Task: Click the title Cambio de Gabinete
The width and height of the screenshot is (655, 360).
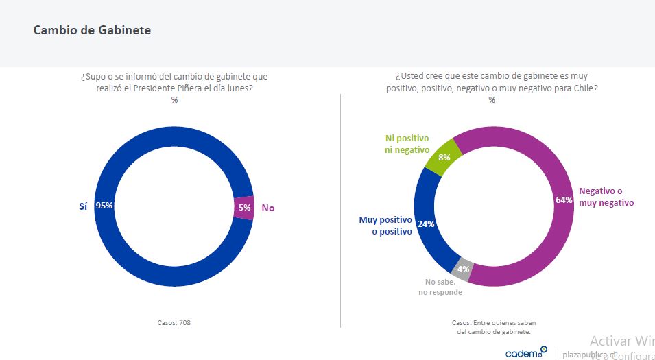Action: point(92,30)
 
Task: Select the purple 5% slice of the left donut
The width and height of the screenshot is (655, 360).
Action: point(243,207)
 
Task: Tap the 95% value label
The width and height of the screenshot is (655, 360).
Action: point(104,205)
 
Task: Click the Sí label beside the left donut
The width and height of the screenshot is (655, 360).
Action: point(83,205)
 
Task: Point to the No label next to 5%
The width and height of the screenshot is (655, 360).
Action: point(268,207)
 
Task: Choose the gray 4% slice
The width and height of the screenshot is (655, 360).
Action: point(463,269)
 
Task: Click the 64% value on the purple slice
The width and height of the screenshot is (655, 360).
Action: point(563,200)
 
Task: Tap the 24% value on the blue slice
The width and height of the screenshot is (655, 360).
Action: point(425,224)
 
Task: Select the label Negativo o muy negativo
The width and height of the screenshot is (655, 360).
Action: point(606,197)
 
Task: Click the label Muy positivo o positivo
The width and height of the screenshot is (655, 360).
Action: point(385,226)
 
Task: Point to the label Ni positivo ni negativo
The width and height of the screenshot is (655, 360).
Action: point(407,144)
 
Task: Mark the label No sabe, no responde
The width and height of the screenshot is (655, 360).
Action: point(440,287)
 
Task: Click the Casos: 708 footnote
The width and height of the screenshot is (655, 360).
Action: point(174,322)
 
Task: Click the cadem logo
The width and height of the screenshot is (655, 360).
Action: point(526,352)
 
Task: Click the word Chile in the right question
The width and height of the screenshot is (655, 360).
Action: point(587,88)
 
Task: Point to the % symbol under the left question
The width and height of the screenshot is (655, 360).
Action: point(174,99)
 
